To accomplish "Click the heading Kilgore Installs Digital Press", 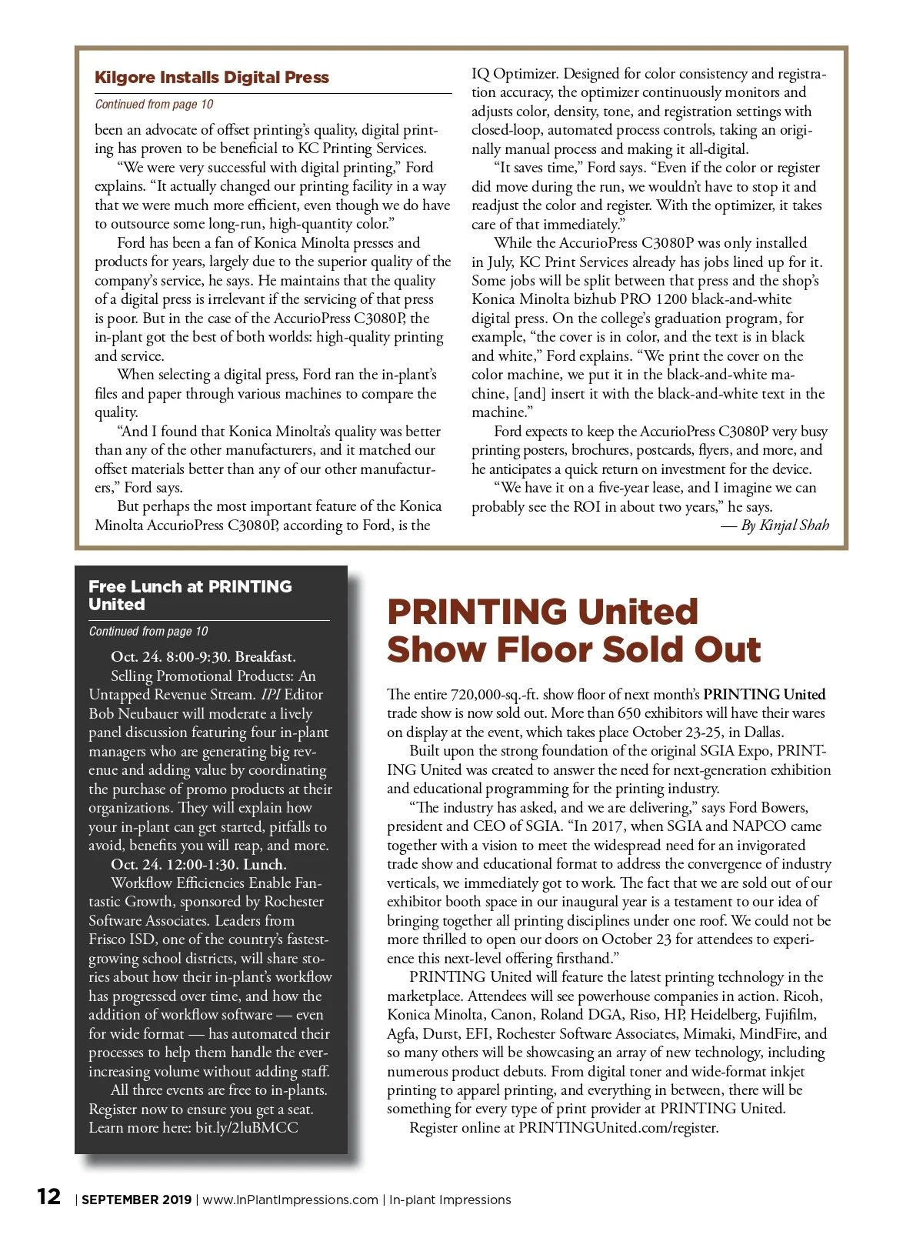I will pos(212,78).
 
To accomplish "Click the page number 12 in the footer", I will pos(49,1196).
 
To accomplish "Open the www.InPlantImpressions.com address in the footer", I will pos(290,1200).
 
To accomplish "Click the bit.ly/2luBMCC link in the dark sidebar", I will pos(247,1128).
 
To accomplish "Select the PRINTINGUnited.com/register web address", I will pos(618,1128).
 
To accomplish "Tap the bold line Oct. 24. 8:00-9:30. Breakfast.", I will pos(203,657).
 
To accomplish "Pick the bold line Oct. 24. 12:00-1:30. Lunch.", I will pos(198,864).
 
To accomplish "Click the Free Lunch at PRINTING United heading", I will pos(189,595).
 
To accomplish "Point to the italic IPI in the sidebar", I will pos(270,695).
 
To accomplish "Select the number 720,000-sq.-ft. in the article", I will pos(500,695).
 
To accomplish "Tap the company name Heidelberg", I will pos(730,1015).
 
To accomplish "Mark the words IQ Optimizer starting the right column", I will pos(513,74).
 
